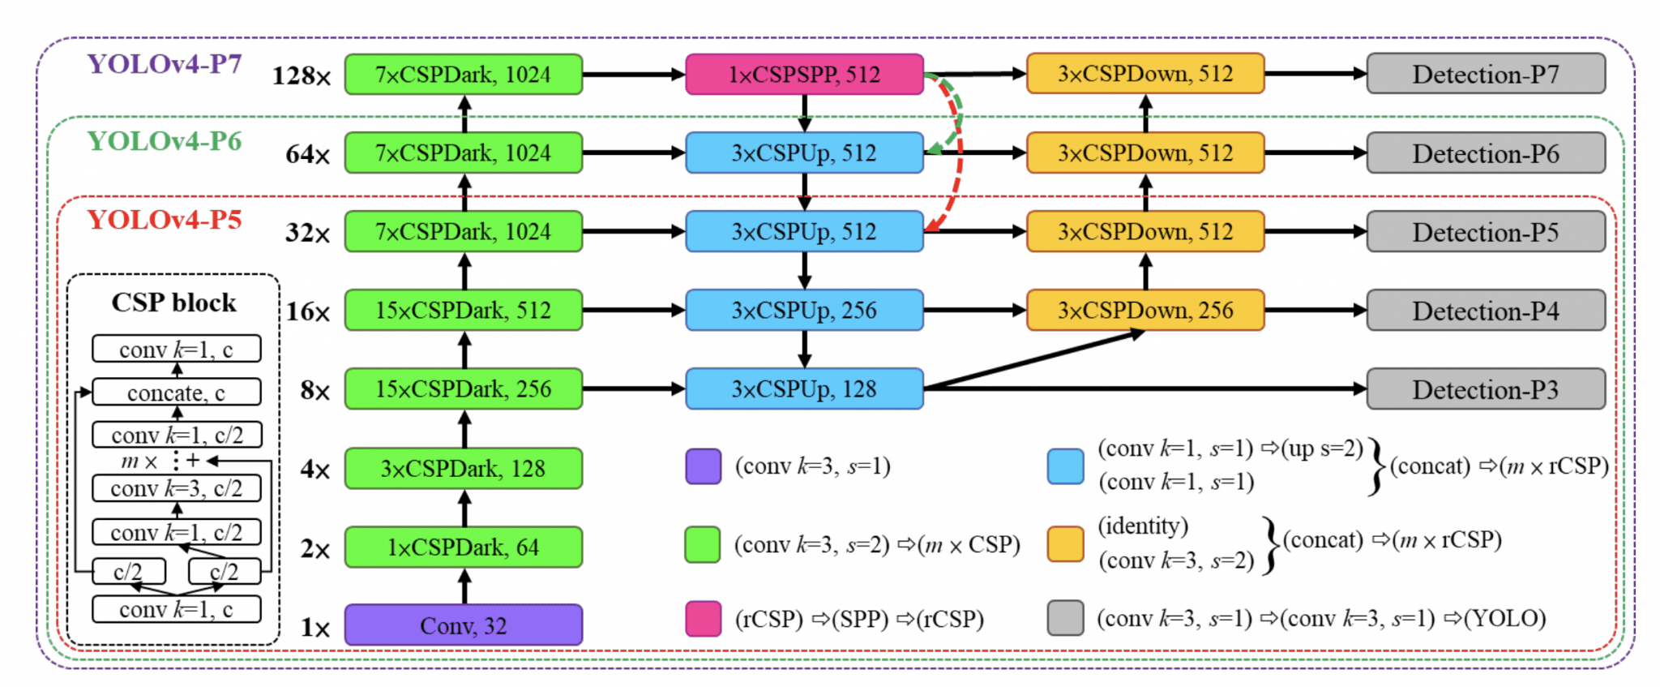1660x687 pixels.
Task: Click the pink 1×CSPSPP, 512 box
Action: click(804, 75)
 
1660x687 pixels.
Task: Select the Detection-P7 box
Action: click(1485, 75)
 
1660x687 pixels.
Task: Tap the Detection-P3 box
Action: click(1485, 389)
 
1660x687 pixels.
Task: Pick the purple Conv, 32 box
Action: click(463, 625)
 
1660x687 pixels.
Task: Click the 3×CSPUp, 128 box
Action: click(804, 389)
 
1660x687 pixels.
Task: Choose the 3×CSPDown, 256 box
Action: click(1144, 311)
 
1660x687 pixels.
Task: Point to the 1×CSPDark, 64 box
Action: click(463, 547)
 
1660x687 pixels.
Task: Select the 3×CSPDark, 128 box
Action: click(463, 469)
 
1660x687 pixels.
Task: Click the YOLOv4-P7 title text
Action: click(165, 63)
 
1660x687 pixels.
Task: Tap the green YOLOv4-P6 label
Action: click(165, 141)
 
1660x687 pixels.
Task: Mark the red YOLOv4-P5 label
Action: click(165, 220)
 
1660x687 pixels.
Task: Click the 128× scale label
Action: click(302, 76)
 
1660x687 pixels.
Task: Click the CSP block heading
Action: click(173, 303)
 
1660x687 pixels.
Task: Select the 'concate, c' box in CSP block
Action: click(176, 393)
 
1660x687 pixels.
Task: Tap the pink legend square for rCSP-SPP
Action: click(703, 619)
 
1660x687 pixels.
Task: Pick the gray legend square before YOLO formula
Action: click(1065, 618)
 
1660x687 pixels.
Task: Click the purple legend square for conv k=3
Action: click(703, 466)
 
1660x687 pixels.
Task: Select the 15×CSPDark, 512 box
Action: click(463, 311)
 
